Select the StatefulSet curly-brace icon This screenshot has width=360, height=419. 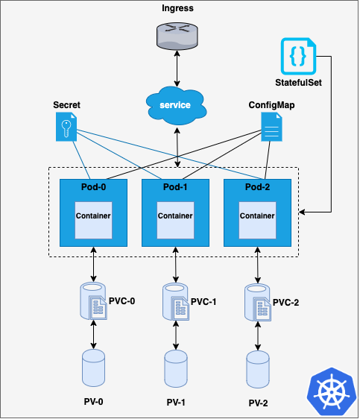(298, 56)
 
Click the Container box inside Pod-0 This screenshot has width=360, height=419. (93, 217)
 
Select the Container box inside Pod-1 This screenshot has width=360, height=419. (176, 217)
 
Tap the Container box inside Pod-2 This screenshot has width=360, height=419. (258, 217)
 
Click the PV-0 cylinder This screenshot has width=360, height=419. (93, 370)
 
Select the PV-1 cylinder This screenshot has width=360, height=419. (176, 370)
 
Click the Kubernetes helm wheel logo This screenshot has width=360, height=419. (329, 393)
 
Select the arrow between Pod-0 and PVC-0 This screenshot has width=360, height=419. (93, 265)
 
